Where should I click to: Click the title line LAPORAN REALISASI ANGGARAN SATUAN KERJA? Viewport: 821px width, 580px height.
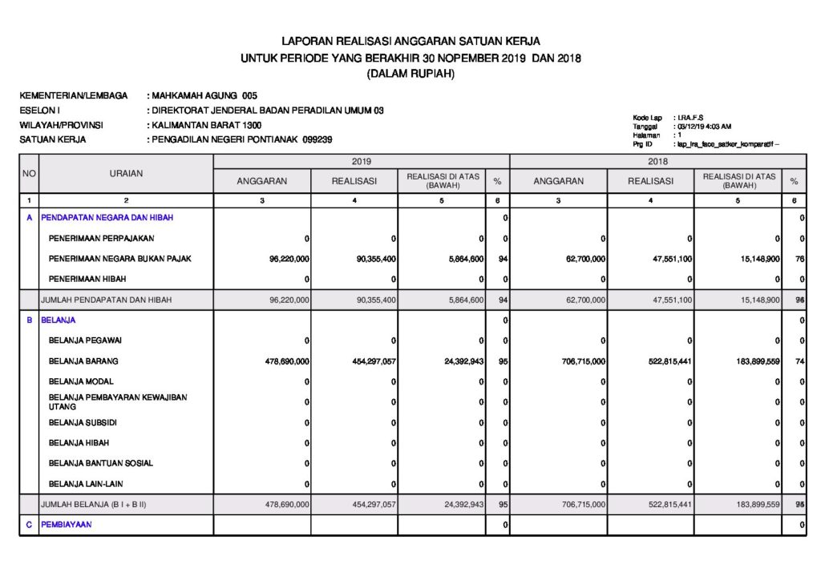(410, 41)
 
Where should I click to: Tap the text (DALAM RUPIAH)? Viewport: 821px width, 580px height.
(410, 74)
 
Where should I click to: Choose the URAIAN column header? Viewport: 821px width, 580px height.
(126, 173)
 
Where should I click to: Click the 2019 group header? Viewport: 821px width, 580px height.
(361, 161)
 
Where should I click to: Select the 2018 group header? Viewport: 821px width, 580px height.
(657, 161)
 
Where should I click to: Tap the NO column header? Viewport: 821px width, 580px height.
(29, 173)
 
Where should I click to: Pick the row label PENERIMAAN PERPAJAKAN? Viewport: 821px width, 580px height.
(102, 238)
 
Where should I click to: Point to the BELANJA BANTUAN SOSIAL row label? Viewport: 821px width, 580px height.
(101, 463)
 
